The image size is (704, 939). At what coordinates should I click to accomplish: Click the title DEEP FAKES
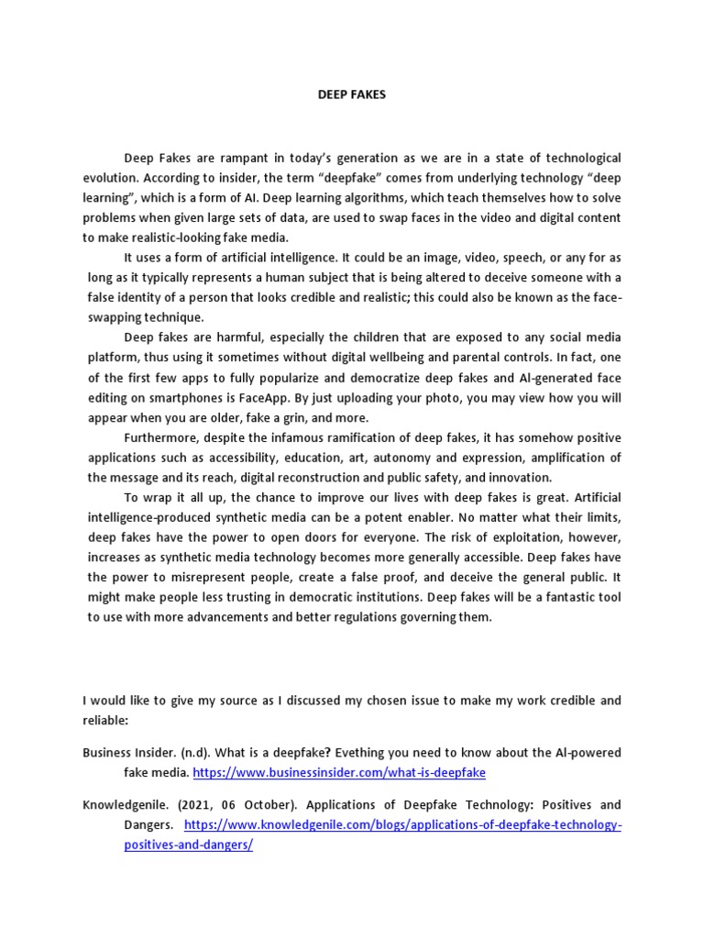[x=352, y=94]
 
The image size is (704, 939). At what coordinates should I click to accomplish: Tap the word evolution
[x=110, y=179]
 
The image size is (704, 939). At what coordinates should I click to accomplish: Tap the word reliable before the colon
[x=104, y=720]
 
